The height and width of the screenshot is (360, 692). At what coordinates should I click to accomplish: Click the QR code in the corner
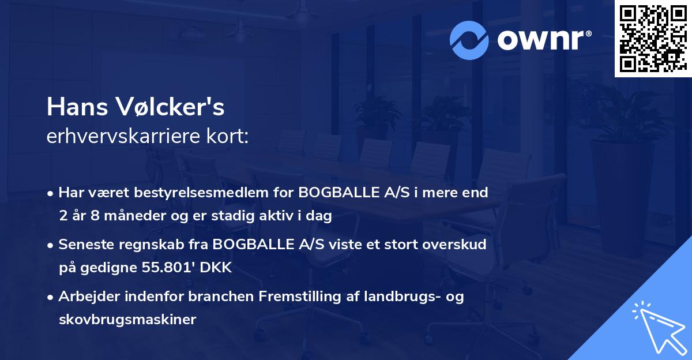coord(653,39)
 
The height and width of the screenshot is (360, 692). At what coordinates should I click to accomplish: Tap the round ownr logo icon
coord(470,40)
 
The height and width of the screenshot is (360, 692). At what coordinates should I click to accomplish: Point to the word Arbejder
coord(88,297)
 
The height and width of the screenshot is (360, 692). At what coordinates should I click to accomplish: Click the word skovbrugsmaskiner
coord(127,319)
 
